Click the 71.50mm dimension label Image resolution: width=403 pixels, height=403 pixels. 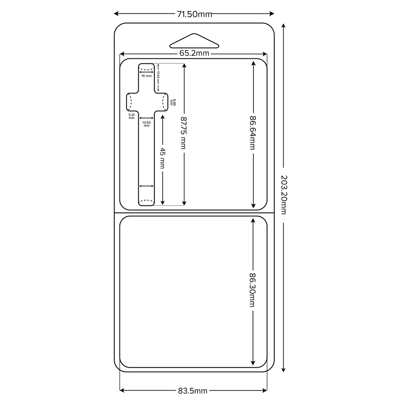tap(194, 14)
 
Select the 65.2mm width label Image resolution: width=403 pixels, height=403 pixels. tap(194, 53)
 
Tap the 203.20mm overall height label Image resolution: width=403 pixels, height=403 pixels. tap(284, 195)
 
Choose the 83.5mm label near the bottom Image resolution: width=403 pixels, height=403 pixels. tap(192, 391)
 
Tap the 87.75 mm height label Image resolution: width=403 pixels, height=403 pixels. tap(183, 133)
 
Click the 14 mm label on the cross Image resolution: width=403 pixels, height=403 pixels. tap(146, 76)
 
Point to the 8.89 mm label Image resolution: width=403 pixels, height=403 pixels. tap(173, 102)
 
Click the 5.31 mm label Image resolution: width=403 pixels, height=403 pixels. tap(131, 116)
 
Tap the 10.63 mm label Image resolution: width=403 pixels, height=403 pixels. tap(146, 124)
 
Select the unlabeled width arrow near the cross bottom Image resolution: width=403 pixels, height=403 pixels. tap(146, 186)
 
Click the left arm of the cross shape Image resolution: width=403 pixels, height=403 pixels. tap(132, 102)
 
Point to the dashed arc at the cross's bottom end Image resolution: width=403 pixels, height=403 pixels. tap(146, 201)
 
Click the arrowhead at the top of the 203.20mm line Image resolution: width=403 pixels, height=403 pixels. tap(284, 26)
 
